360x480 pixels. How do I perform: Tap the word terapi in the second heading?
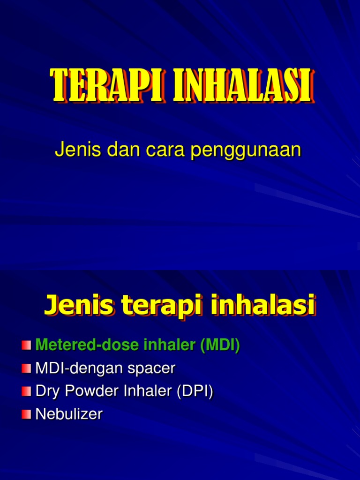tap(155, 307)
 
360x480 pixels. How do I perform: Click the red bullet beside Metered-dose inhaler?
tap(26, 345)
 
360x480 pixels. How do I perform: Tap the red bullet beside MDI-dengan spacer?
tap(26, 368)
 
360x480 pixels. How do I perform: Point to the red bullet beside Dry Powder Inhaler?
tap(26, 391)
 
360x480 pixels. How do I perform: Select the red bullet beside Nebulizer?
tap(26, 414)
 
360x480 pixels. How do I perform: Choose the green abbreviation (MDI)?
tap(220, 345)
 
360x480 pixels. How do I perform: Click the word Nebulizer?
tap(69, 414)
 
